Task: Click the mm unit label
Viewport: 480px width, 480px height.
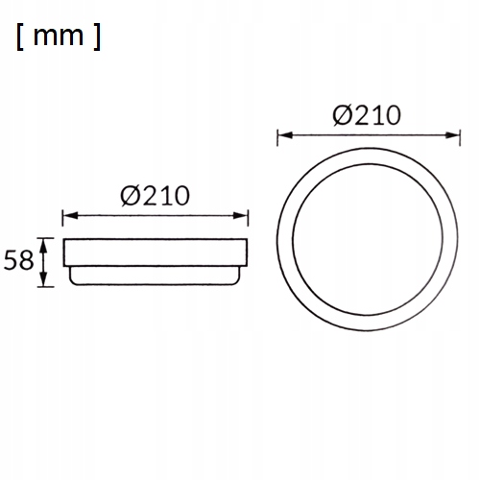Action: click(x=59, y=36)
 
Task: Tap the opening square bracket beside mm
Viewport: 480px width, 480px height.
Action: click(x=19, y=36)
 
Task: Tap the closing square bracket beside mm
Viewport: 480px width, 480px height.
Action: click(x=97, y=36)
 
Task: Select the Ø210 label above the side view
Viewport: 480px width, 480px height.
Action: click(x=155, y=195)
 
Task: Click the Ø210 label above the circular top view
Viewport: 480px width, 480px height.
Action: click(x=367, y=115)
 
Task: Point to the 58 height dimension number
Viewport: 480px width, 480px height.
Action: click(x=18, y=260)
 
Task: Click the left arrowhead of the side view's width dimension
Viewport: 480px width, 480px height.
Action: click(x=70, y=216)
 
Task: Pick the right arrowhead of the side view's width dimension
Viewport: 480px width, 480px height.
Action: click(x=240, y=216)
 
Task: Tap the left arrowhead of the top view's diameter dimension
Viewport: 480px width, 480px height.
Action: click(x=285, y=135)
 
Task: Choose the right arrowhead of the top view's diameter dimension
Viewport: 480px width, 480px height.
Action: click(x=452, y=135)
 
